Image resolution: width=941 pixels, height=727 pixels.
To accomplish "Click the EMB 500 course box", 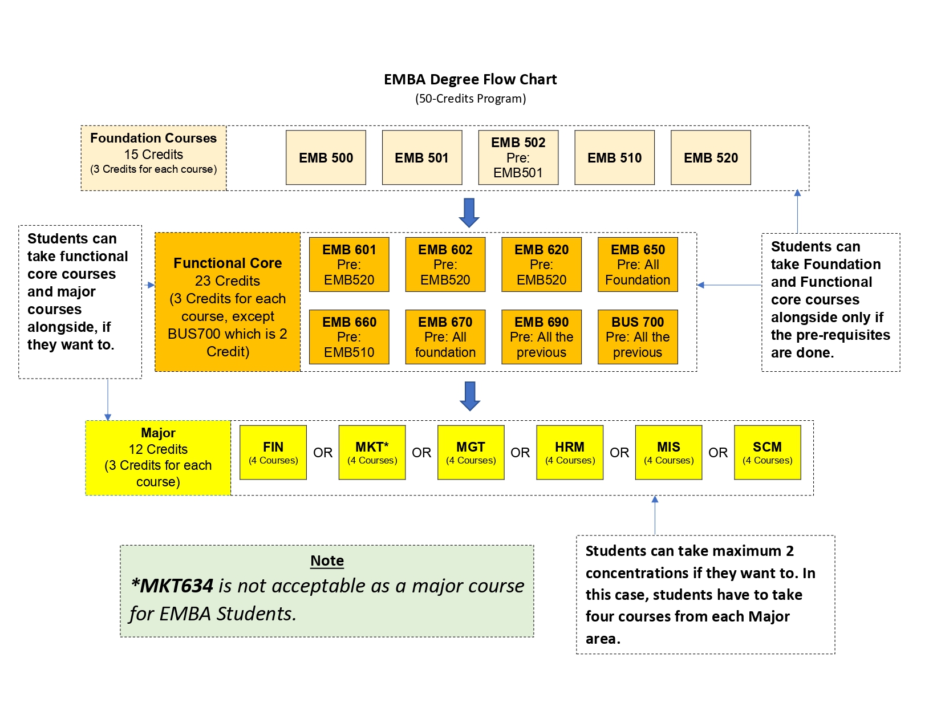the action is coord(326,157).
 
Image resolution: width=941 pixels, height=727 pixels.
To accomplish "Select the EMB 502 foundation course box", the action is coord(518,157).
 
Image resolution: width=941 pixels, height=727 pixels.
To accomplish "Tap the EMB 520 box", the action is coord(711,157).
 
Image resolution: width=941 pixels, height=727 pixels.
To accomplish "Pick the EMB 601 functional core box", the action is coord(349,265).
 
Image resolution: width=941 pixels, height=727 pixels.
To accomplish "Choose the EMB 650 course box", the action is coord(638,265).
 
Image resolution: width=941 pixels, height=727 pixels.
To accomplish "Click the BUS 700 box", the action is coord(638,337).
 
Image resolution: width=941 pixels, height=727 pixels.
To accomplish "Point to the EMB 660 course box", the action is coord(349,337).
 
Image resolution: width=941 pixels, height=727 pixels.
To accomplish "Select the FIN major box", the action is coord(273,453).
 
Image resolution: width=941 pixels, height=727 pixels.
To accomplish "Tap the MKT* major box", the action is coord(372,453).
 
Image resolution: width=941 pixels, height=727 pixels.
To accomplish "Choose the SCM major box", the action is coord(768,453).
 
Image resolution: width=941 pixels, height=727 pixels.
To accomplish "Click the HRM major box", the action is coord(570,453).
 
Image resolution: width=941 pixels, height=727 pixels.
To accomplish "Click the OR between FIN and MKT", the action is coord(323,453).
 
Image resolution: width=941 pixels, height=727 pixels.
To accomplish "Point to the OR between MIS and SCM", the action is coord(718,453).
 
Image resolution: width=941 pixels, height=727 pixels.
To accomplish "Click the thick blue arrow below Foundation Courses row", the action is coord(469,213).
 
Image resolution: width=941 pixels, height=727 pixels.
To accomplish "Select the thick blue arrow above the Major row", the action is coord(470,396).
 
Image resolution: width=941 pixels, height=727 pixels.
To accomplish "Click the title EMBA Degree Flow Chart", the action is coord(470,80).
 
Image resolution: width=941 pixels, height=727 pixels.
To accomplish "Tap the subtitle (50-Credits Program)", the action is coord(470,99).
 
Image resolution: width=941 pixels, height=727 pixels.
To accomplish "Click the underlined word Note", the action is coord(327,561).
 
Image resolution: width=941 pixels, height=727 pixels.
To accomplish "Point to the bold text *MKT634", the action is coord(172,586).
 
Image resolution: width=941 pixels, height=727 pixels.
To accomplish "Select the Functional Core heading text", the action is coord(228,263).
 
